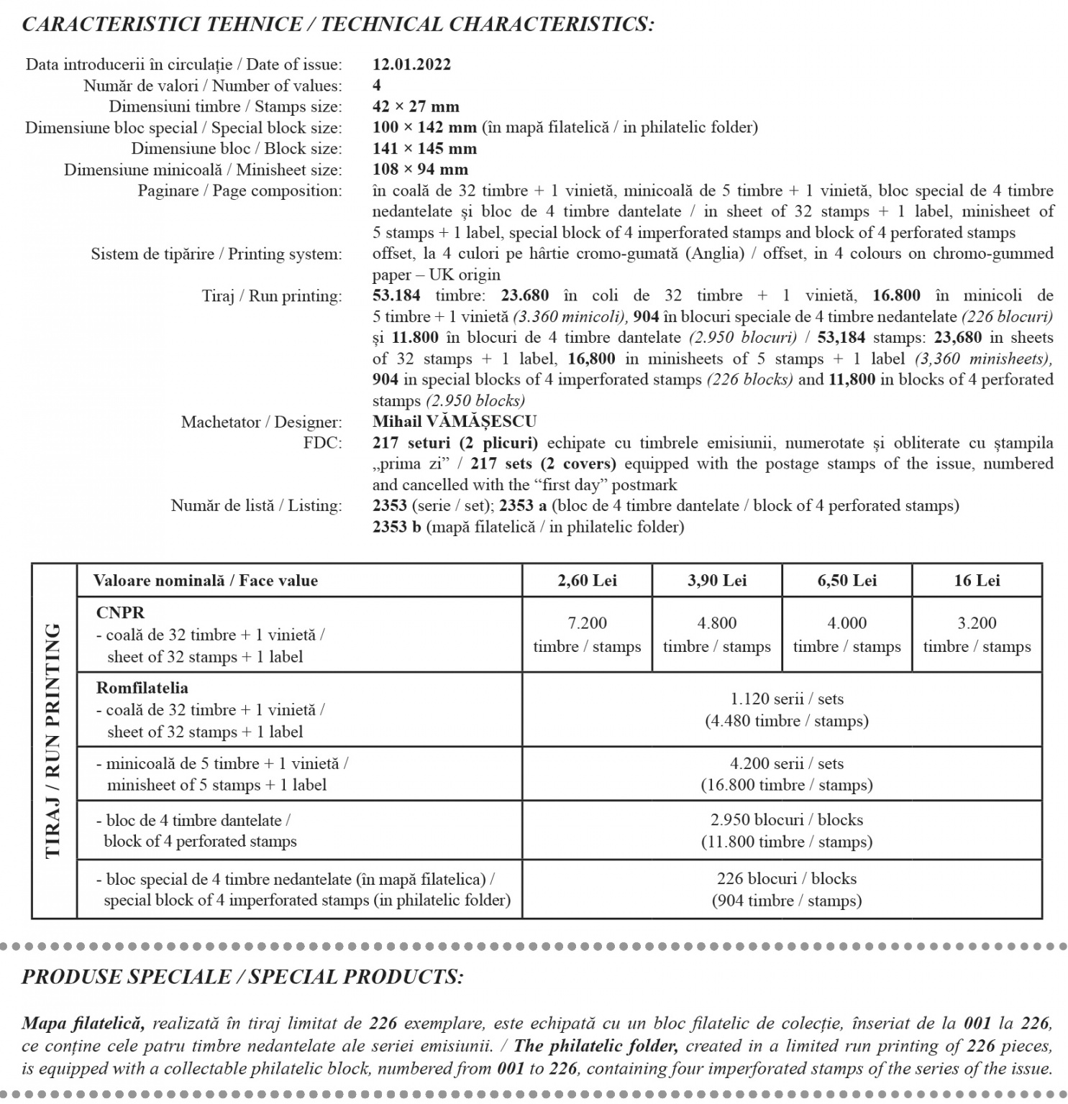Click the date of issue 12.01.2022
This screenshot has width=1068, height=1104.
[x=411, y=65]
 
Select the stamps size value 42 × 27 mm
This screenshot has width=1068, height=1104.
[x=416, y=107]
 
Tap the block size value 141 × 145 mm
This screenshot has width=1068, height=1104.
[x=424, y=149]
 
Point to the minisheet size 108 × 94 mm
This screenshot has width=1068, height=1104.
[x=420, y=170]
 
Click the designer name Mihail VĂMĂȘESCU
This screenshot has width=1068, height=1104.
[x=455, y=422]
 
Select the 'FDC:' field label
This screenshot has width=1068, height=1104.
[x=323, y=443]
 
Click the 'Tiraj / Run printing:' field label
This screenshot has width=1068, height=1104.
[x=272, y=296]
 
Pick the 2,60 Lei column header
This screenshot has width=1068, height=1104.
[x=587, y=581]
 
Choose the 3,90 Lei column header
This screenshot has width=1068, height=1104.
[x=717, y=581]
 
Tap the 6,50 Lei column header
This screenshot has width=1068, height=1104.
[x=846, y=581]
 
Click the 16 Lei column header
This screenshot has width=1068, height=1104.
[x=977, y=581]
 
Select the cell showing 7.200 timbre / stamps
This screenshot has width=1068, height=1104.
[x=587, y=635]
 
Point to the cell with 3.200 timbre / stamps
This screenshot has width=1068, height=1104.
[x=977, y=635]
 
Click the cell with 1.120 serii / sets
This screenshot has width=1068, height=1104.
[x=787, y=709]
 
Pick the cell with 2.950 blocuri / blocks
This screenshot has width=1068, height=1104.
[x=787, y=831]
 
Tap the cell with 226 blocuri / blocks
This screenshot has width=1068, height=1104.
[x=787, y=889]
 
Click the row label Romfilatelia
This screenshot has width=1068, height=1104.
[x=142, y=688]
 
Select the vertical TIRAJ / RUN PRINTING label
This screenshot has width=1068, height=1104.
[x=53, y=740]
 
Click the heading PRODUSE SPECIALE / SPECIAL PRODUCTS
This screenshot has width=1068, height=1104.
[x=242, y=977]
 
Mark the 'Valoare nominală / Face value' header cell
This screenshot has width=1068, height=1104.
[x=206, y=581]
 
